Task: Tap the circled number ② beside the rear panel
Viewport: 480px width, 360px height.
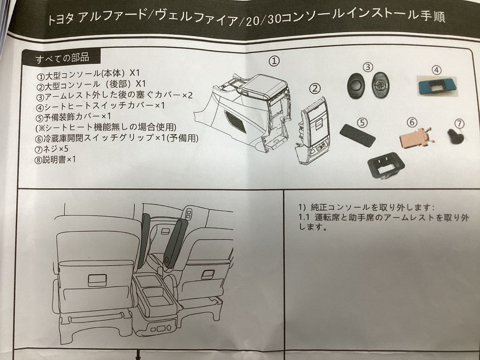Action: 315,89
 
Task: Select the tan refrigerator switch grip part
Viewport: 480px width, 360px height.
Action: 413,138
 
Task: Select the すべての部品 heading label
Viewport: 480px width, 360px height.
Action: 62,58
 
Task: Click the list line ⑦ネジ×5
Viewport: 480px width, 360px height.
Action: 51,149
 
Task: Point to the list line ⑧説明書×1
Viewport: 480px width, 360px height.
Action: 55,160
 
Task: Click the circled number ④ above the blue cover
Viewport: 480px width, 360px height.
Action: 436,70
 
